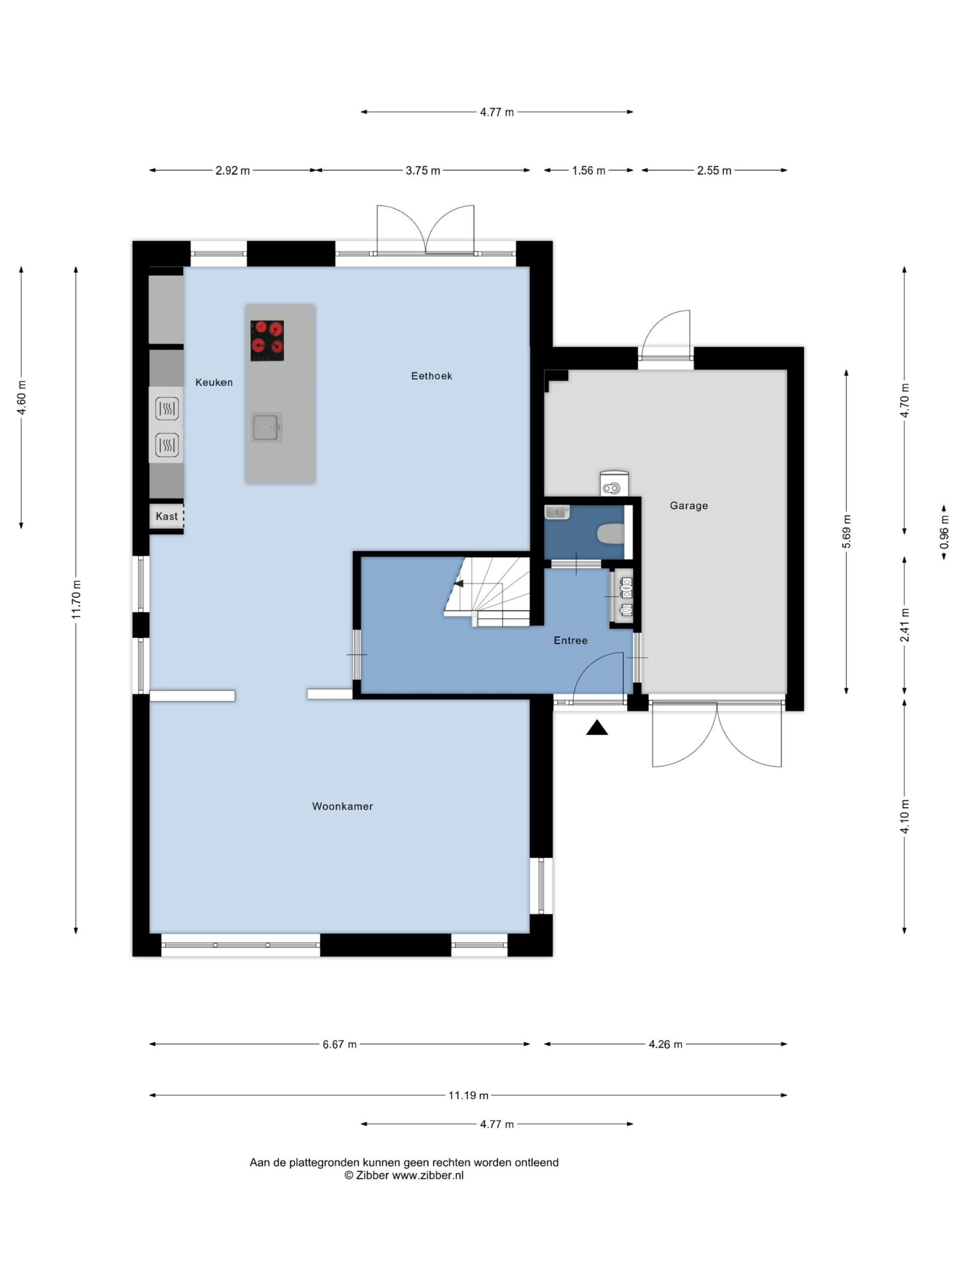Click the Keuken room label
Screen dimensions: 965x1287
(214, 382)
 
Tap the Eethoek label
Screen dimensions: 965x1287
(432, 376)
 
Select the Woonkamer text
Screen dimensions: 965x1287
(343, 806)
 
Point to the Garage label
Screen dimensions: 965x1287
(689, 506)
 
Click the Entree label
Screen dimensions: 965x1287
(570, 640)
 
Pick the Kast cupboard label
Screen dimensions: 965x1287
(167, 516)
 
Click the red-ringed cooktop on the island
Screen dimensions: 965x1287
(267, 340)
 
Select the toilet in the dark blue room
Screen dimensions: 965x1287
(611, 533)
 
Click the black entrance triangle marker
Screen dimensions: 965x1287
(597, 728)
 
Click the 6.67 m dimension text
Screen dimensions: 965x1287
(340, 1044)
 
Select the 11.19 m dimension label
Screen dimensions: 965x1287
(468, 1095)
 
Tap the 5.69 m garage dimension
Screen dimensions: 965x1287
(846, 531)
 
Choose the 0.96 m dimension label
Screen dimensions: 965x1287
(944, 532)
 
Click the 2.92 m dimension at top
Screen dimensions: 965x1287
(233, 170)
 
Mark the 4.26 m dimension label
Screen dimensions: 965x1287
(665, 1044)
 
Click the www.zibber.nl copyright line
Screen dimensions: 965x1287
(404, 1175)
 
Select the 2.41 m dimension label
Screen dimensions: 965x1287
(905, 625)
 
